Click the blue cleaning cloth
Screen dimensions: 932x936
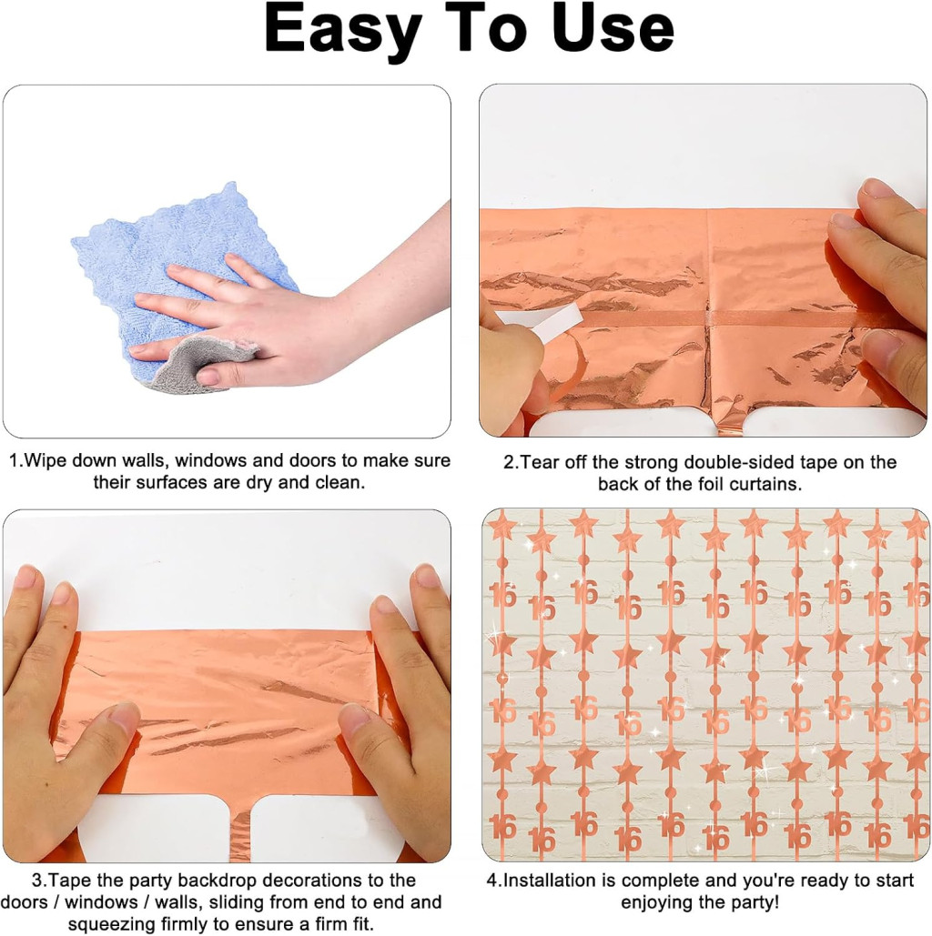(179, 280)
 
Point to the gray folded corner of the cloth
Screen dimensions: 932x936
(200, 364)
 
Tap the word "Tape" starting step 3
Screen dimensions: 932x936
(70, 881)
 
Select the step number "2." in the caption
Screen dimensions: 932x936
(512, 463)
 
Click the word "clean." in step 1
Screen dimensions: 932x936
(339, 482)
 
